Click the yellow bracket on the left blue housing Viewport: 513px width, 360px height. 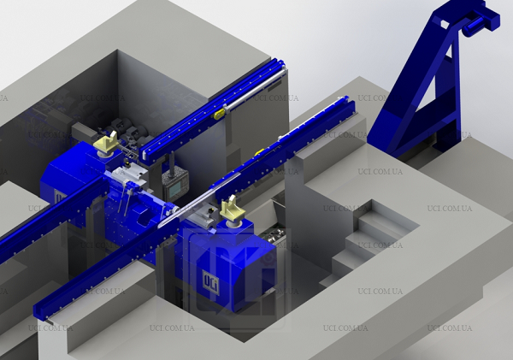point(104,142)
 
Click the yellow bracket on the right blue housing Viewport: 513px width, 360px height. point(233,208)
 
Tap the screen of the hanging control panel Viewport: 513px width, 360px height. point(175,188)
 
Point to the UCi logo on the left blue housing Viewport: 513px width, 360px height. point(61,198)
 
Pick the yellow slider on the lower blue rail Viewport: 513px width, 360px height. point(259,152)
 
